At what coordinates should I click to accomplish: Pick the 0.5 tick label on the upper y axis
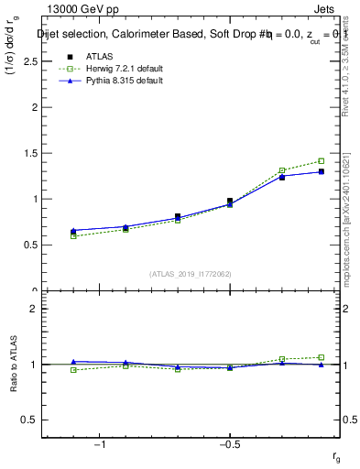tap(30, 245)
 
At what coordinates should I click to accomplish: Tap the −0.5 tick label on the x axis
tap(229, 444)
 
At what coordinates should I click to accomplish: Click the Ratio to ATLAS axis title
tap(14, 365)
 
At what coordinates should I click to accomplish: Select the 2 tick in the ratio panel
tap(33, 309)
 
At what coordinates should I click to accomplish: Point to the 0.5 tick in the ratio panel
tap(30, 420)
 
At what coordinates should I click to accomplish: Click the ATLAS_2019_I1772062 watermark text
tap(190, 273)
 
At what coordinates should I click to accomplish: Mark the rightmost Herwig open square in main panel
tap(321, 161)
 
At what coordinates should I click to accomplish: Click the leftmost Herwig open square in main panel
tap(73, 236)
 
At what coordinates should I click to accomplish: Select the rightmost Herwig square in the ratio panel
tap(321, 357)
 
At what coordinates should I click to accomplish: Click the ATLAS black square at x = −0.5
tap(230, 201)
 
